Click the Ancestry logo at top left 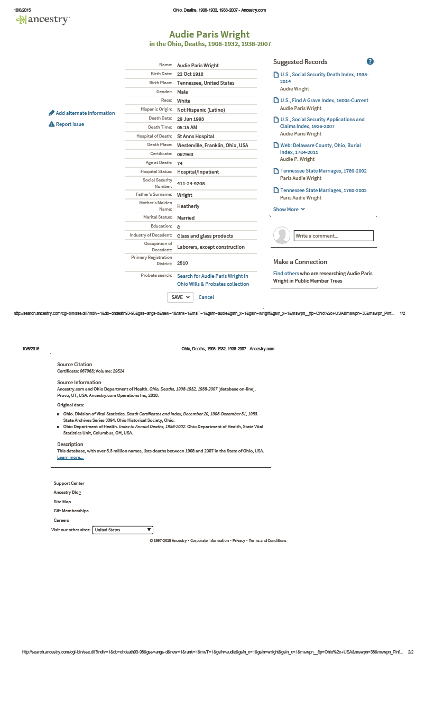(x=43, y=20)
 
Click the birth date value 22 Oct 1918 (x=190, y=74)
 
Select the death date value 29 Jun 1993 (x=190, y=119)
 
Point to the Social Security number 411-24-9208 (x=191, y=184)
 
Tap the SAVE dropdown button (x=180, y=297)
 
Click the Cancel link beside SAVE (x=206, y=297)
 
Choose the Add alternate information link (x=85, y=113)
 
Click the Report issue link (x=70, y=124)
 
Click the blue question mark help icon (x=370, y=61)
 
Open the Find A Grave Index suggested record (x=324, y=101)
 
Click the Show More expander (x=289, y=210)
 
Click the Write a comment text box (x=334, y=235)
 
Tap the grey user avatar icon (x=282, y=235)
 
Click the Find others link (x=286, y=274)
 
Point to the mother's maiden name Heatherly (x=188, y=206)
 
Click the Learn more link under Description (x=70, y=457)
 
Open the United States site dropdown (x=123, y=530)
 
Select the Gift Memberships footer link (x=71, y=511)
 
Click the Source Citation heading (x=75, y=365)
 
